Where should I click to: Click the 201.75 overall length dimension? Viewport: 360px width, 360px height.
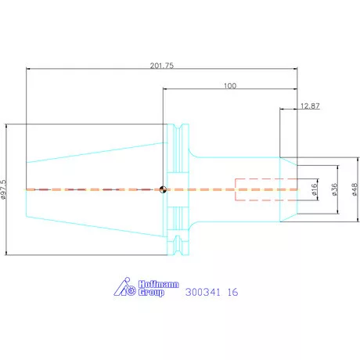[x=162, y=65]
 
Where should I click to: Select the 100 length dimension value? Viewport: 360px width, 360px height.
[x=230, y=85]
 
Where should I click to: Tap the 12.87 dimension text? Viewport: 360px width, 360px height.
[x=310, y=106]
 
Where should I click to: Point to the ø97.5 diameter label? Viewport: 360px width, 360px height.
[x=3, y=189]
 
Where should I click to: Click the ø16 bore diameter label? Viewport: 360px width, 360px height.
[x=315, y=189]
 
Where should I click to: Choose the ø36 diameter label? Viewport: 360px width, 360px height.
[x=334, y=189]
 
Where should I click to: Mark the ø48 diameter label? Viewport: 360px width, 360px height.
[x=355, y=189]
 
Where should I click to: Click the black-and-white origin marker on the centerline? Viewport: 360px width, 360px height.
[x=163, y=189]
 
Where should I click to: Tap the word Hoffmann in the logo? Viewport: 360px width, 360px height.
[x=158, y=284]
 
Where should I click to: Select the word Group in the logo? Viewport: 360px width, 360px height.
[x=151, y=292]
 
